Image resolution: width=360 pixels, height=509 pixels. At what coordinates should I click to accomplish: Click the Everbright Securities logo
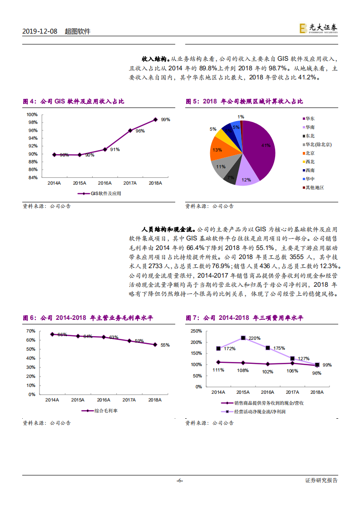(x=318, y=29)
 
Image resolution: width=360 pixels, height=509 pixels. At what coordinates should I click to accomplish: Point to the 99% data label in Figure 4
(x=165, y=120)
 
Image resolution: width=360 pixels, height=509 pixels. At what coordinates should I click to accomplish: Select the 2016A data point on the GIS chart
(x=104, y=149)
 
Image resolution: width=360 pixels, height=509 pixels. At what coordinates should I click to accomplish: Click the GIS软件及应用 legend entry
(x=102, y=193)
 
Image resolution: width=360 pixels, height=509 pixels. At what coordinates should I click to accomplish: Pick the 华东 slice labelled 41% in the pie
(x=261, y=145)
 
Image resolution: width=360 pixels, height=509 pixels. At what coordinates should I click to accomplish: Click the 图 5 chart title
(x=244, y=102)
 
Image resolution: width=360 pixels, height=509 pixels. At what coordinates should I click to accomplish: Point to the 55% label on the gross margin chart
(x=165, y=345)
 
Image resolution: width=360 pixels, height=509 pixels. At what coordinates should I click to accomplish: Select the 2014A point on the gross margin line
(x=52, y=334)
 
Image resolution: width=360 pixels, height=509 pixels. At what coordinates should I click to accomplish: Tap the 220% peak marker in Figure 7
(x=243, y=338)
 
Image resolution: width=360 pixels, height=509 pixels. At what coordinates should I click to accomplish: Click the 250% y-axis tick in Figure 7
(x=196, y=331)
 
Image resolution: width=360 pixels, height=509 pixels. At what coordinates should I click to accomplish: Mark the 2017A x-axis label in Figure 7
(x=292, y=393)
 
